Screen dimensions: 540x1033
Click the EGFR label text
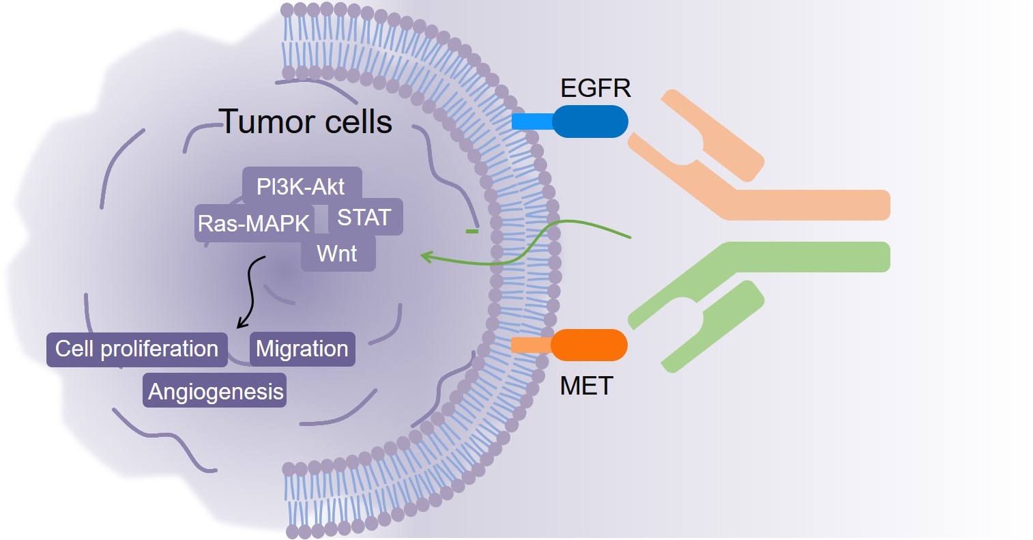pyautogui.click(x=595, y=88)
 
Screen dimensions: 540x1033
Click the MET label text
pyautogui.click(x=586, y=386)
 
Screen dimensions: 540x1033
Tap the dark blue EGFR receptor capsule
pyautogui.click(x=590, y=122)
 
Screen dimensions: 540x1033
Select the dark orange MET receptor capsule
pyautogui.click(x=589, y=345)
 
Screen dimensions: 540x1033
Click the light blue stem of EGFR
pyautogui.click(x=532, y=122)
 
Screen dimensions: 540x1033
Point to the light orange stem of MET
pyautogui.click(x=531, y=345)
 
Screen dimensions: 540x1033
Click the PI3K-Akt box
pyautogui.click(x=301, y=186)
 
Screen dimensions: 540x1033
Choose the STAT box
pyautogui.click(x=364, y=217)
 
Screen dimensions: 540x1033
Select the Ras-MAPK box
pyautogui.click(x=254, y=223)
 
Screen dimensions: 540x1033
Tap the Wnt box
pyautogui.click(x=338, y=253)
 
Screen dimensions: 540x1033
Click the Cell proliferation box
pyautogui.click(x=136, y=349)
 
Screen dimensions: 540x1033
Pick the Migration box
pyautogui.click(x=302, y=349)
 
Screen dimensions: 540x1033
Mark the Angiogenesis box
pyautogui.click(x=215, y=392)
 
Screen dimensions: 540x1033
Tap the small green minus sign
pyautogui.click(x=471, y=231)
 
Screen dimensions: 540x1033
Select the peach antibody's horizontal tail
pyautogui.click(x=812, y=205)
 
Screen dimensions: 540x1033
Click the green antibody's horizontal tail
pyautogui.click(x=812, y=257)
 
